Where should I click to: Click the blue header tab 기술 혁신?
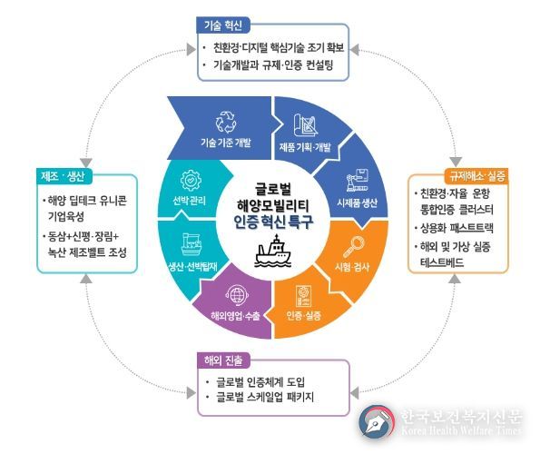click(x=223, y=25)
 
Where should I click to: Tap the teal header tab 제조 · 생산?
click(x=64, y=176)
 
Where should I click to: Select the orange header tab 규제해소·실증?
click(x=476, y=176)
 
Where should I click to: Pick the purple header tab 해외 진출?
click(x=223, y=360)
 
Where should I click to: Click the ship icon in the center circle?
click(x=273, y=251)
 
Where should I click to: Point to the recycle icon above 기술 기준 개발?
click(x=226, y=122)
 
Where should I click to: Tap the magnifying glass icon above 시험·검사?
click(x=353, y=247)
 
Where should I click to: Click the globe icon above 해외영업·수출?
click(x=237, y=295)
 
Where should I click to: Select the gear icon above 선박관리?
click(x=191, y=181)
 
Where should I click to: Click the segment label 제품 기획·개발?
click(x=305, y=147)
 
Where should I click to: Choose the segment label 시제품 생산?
click(x=358, y=202)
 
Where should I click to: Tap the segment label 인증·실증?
click(x=304, y=315)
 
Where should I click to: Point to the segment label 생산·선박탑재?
click(x=192, y=266)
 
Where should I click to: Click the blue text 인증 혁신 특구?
click(x=273, y=222)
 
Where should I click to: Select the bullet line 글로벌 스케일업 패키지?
click(x=264, y=397)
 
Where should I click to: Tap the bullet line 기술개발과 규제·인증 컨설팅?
click(x=273, y=64)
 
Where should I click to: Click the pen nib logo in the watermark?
click(x=377, y=422)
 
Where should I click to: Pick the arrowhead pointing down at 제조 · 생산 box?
click(x=86, y=163)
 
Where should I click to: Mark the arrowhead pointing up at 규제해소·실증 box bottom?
click(x=455, y=279)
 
